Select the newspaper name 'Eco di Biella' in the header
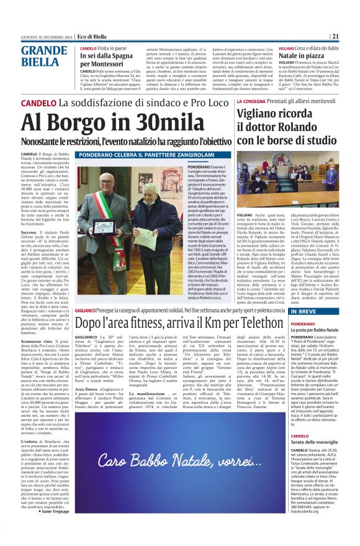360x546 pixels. point(93,37)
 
